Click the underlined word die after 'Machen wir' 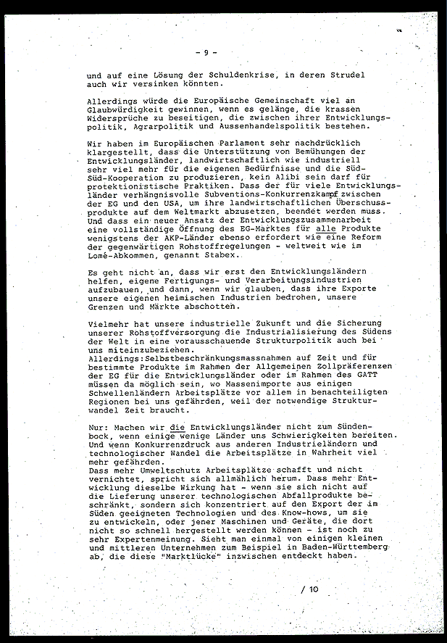(176, 426)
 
